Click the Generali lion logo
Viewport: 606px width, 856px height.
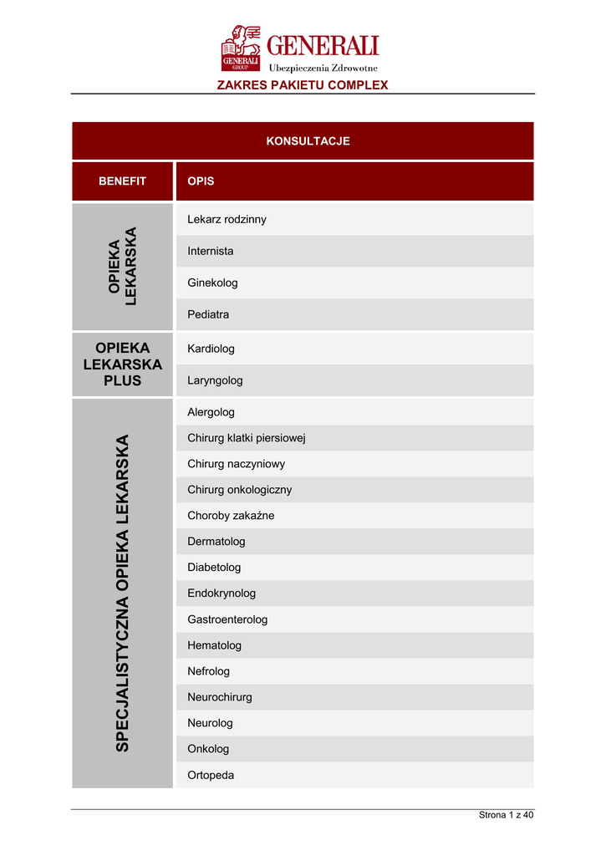[242, 48]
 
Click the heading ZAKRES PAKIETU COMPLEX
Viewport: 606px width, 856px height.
[303, 85]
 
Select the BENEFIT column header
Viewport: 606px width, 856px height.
[122, 181]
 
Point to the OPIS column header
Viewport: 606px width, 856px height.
[201, 181]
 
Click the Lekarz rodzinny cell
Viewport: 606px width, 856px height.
[227, 219]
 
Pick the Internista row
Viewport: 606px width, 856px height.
[211, 251]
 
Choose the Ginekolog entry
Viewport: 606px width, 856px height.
[212, 283]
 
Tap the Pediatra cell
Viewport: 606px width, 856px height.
[208, 315]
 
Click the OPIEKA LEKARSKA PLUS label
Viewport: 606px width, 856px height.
[123, 364]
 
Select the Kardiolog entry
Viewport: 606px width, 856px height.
[211, 349]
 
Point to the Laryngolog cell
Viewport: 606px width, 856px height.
[215, 380]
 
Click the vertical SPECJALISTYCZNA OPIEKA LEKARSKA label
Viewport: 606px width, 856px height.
[123, 593]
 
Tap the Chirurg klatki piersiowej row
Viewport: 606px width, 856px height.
[252, 438]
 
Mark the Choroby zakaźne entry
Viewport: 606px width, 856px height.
[231, 516]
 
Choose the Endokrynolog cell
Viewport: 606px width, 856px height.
[222, 594]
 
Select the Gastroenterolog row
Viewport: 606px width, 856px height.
[227, 619]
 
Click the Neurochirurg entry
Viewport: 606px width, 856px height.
[220, 697]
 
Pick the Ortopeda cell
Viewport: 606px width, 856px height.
[211, 775]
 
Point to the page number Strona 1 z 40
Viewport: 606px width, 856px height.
[506, 815]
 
